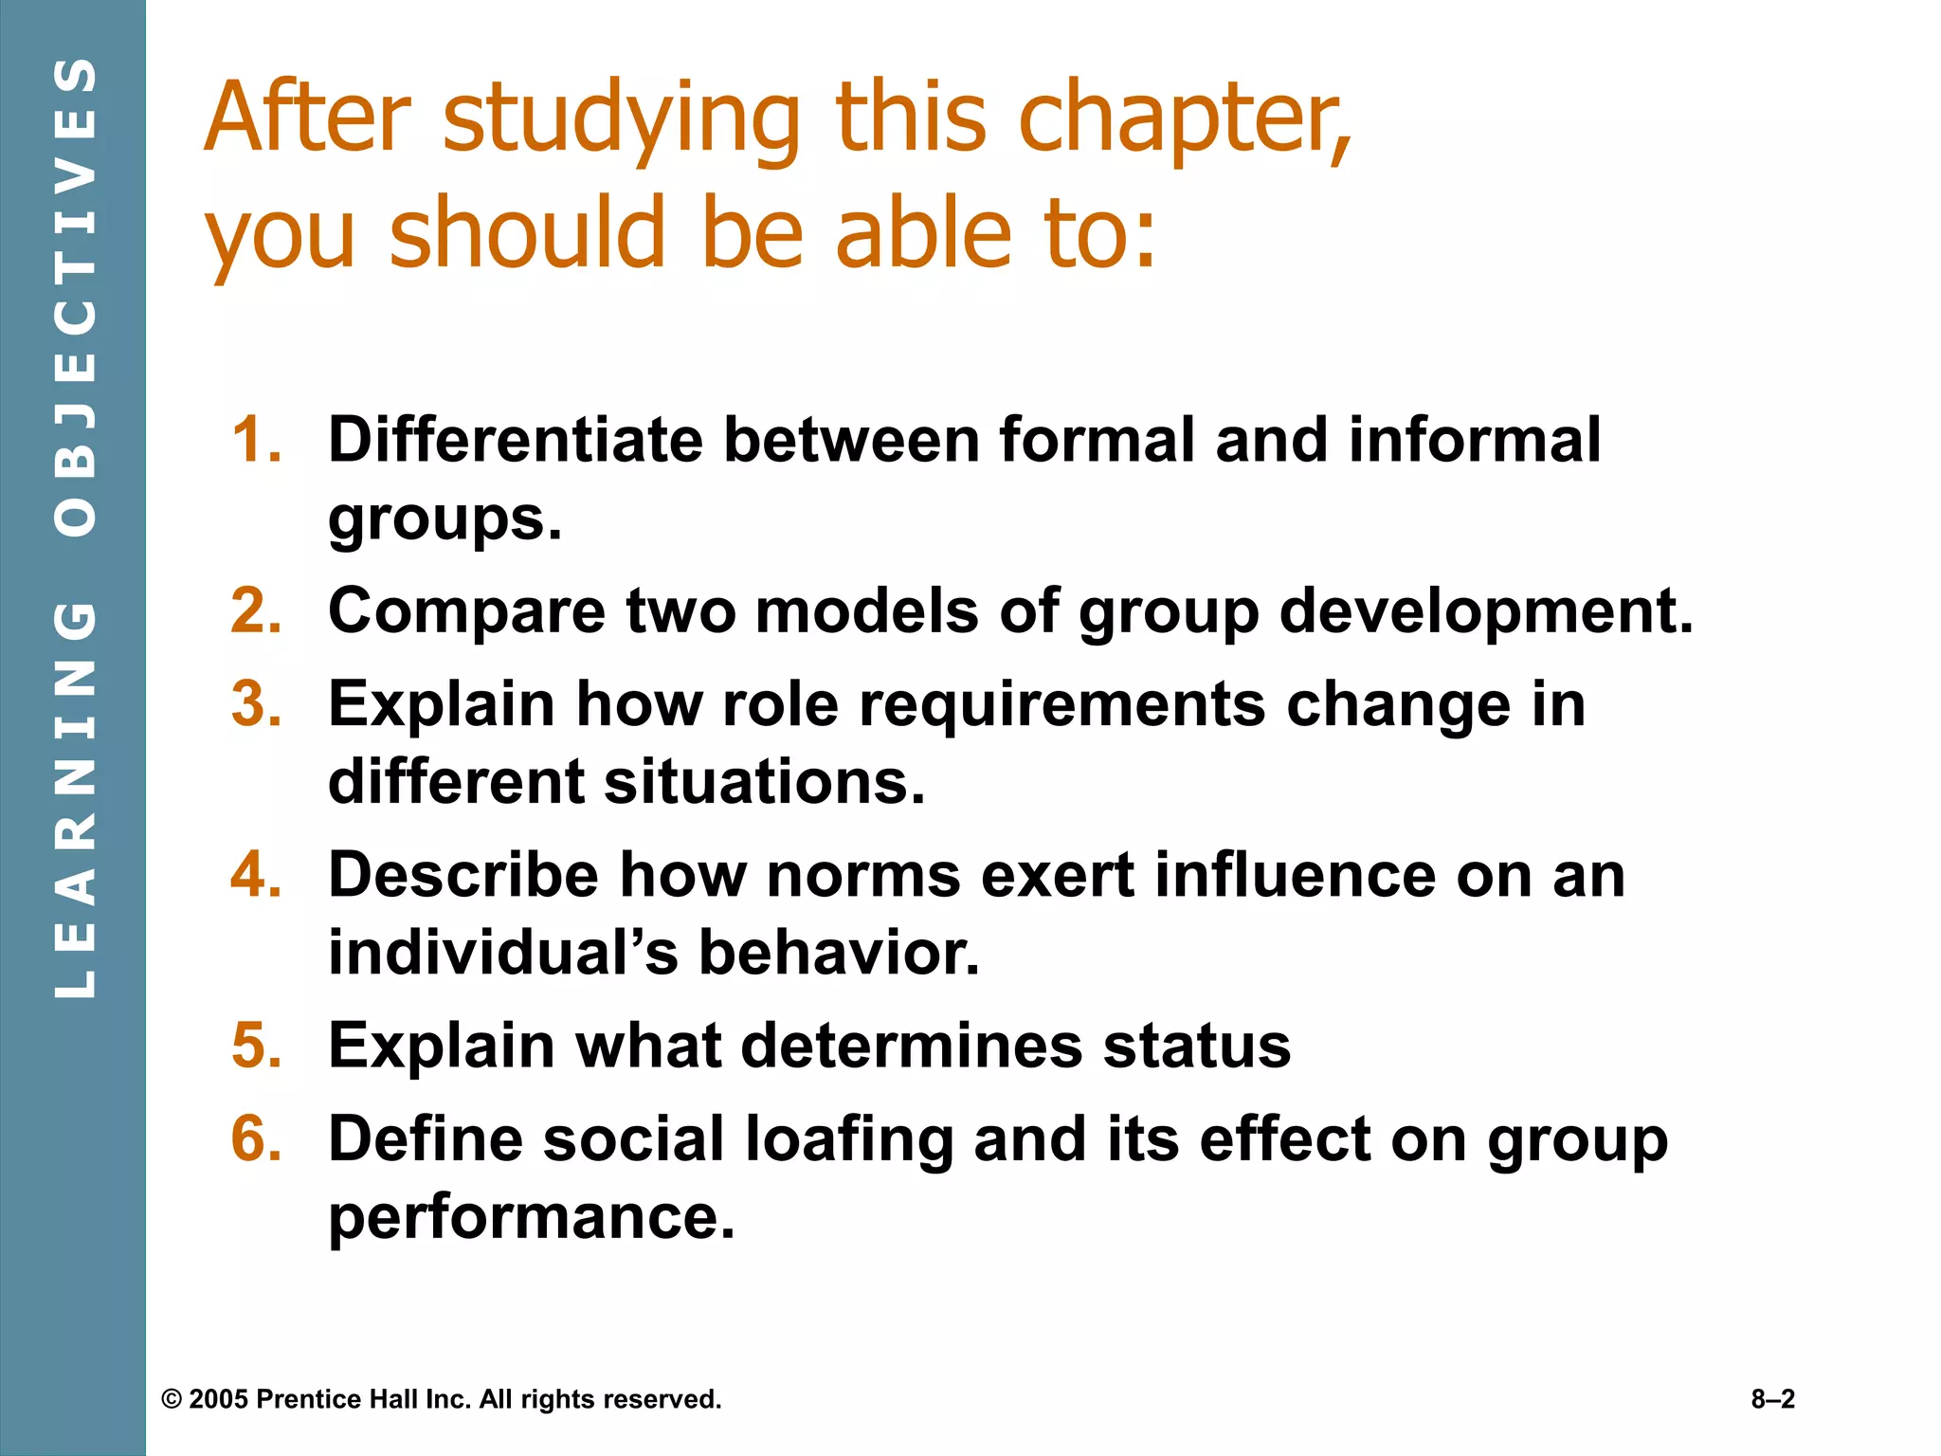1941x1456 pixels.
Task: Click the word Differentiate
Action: click(515, 440)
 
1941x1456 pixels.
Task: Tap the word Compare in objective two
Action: click(466, 610)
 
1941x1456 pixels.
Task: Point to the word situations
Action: click(764, 782)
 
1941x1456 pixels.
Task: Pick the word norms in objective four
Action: click(863, 874)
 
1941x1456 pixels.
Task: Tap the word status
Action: click(1196, 1046)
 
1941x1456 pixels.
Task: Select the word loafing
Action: click(849, 1138)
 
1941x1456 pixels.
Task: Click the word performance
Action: click(531, 1216)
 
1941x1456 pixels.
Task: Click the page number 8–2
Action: click(1772, 1399)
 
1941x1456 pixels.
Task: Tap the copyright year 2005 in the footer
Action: click(219, 1399)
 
